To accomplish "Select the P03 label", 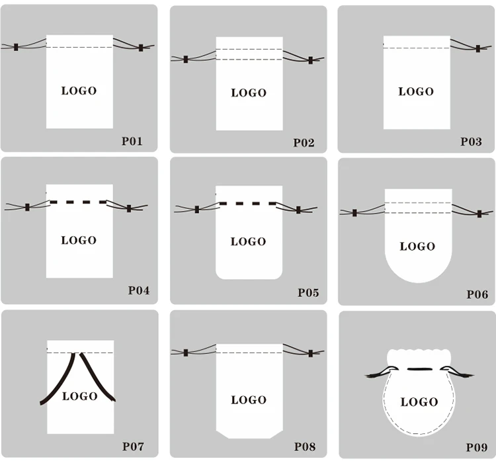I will coord(472,142).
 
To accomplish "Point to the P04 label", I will coord(138,291).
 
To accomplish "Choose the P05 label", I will coord(308,292).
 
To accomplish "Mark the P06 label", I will coord(477,294).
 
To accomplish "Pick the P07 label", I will coord(132,446).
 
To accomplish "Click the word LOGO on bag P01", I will coord(79,91).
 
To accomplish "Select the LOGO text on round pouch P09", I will coord(419,401).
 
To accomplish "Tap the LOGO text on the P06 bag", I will coord(417,247).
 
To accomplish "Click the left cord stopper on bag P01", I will coord(15,47).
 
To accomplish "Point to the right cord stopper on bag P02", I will coord(310,60).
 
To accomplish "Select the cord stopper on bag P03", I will coord(478,48).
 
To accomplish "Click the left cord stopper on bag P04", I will coord(27,207).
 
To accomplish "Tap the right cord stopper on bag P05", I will coord(298,210).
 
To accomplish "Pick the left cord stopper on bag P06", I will coord(354,213).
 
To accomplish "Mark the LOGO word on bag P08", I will coord(249,400).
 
